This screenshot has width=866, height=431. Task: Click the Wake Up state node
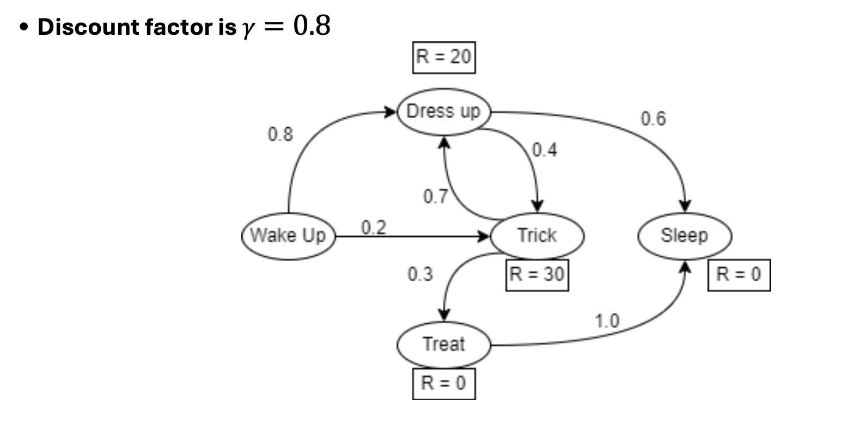click(288, 236)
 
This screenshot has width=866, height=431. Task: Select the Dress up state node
click(443, 112)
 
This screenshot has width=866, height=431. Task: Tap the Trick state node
click(537, 236)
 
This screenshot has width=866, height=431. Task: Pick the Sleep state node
click(684, 236)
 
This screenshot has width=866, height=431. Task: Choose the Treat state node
click(443, 344)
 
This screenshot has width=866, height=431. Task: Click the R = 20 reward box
click(443, 57)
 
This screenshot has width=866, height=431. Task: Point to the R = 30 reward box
click(537, 275)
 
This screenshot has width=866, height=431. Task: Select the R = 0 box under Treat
click(443, 384)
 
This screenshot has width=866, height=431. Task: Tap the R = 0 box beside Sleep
click(739, 275)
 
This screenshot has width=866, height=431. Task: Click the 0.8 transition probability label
click(280, 134)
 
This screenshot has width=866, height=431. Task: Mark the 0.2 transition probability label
click(374, 227)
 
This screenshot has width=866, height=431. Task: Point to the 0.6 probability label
click(653, 119)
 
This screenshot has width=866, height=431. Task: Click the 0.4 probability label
click(545, 150)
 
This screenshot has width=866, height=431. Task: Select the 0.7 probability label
click(435, 196)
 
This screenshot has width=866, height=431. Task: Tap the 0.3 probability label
click(420, 274)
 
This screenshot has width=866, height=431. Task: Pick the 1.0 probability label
click(607, 321)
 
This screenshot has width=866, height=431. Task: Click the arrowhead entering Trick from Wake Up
click(484, 236)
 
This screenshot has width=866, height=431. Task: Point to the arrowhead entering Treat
click(444, 315)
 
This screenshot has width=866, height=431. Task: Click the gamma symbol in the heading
click(248, 28)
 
